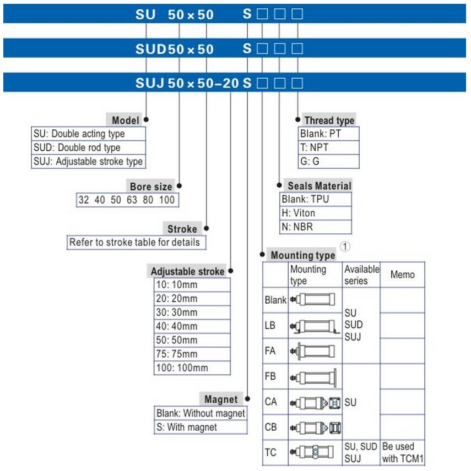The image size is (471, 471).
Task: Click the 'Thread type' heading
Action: click(x=329, y=121)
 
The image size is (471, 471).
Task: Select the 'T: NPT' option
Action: click(x=314, y=147)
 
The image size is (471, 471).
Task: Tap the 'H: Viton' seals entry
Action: click(x=299, y=213)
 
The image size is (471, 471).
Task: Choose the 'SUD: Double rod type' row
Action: click(x=77, y=147)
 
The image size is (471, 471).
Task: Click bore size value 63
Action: click(x=132, y=200)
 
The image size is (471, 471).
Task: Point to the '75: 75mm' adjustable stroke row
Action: click(x=176, y=354)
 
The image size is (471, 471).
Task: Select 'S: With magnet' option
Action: click(x=187, y=427)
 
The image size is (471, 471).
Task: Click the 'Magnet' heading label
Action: click(x=221, y=399)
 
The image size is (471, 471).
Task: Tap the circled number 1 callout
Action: click(x=345, y=247)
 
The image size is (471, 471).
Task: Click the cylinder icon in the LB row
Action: click(x=315, y=326)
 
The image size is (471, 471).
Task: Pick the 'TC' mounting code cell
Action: click(x=270, y=452)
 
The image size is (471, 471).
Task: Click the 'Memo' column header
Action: click(x=403, y=275)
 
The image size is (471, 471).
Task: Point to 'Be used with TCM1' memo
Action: click(x=403, y=452)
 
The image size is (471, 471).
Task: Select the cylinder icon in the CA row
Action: click(x=315, y=403)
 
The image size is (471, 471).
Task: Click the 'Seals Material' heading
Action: click(x=320, y=186)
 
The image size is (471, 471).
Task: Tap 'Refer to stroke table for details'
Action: click(x=134, y=243)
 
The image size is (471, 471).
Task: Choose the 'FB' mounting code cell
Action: click(x=270, y=376)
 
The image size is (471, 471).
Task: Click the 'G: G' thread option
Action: click(x=310, y=161)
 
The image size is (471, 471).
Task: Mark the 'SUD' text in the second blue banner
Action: click(x=151, y=49)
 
